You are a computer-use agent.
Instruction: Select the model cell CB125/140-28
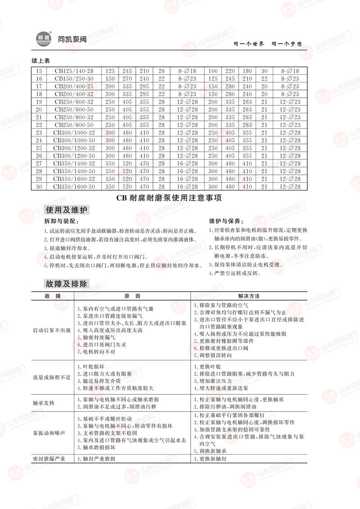click(x=74, y=71)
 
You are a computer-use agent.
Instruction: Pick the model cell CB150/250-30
click(x=74, y=79)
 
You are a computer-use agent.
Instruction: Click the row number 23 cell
click(x=39, y=133)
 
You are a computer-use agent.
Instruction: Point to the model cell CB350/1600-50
click(x=74, y=186)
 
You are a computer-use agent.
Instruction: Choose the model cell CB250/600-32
click(x=74, y=102)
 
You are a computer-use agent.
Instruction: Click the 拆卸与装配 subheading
click(x=61, y=222)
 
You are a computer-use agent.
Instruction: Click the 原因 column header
click(x=132, y=296)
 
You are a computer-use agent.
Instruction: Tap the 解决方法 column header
click(x=249, y=296)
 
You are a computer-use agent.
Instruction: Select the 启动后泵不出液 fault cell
click(x=52, y=330)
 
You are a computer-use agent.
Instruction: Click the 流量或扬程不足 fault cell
click(x=52, y=377)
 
